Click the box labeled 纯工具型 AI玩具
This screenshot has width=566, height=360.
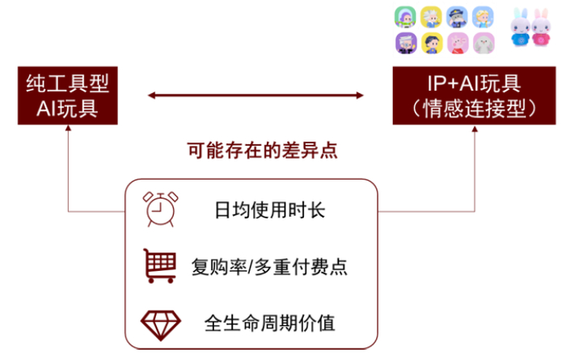pos(66,96)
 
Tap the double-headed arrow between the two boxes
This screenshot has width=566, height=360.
pos(256,96)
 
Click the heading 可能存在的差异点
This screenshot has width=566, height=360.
pos(261,150)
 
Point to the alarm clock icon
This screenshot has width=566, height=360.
pos(158,210)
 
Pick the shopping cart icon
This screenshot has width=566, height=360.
pos(159,265)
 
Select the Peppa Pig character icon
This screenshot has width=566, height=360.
pos(457,43)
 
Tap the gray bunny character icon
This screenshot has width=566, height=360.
pos(483,43)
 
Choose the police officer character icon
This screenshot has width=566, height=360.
pos(457,17)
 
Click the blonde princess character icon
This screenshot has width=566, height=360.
pos(483,17)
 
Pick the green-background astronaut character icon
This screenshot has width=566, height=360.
pos(404,17)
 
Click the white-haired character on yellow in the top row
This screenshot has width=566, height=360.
pos(430,17)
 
